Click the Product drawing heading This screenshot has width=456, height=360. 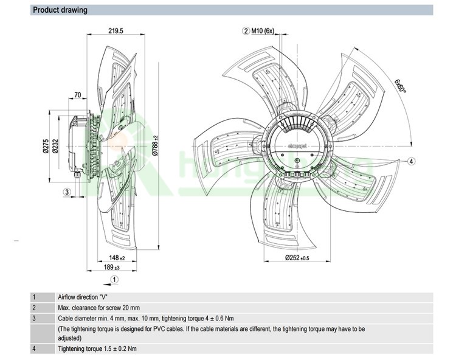click(x=60, y=10)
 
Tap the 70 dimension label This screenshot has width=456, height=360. click(x=77, y=95)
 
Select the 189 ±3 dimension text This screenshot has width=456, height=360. click(x=111, y=267)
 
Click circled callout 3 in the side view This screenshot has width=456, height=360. click(x=67, y=192)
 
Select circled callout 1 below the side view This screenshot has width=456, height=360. click(x=114, y=280)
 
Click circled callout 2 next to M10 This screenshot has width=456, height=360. click(x=246, y=30)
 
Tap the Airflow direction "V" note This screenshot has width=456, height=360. click(x=83, y=297)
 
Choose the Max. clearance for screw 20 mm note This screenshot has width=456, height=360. click(x=98, y=308)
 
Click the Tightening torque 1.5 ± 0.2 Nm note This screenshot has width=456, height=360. click(x=97, y=349)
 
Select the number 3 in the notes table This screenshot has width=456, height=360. click(x=35, y=318)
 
